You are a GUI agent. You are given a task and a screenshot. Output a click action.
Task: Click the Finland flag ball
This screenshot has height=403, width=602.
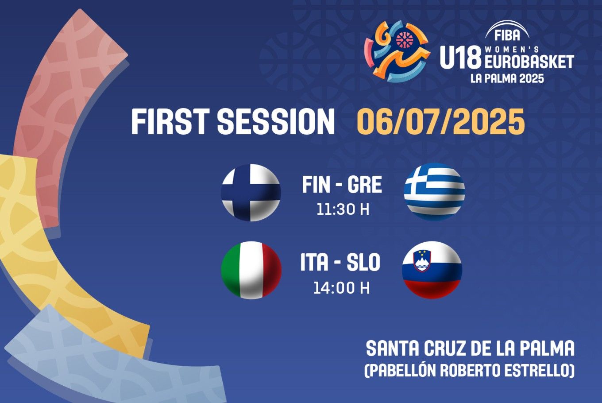pyautogui.click(x=251, y=193)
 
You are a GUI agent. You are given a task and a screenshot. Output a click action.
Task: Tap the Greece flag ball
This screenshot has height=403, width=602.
pyautogui.click(x=434, y=192)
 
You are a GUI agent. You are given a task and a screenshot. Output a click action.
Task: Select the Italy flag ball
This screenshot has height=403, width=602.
pyautogui.click(x=251, y=270)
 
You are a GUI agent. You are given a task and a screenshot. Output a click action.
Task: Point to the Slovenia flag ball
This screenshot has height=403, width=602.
pyautogui.click(x=432, y=270)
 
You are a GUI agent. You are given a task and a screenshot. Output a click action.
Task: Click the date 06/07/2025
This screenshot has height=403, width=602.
pyautogui.click(x=441, y=122)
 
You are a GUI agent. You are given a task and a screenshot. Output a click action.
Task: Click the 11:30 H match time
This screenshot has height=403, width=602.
pyautogui.click(x=343, y=209)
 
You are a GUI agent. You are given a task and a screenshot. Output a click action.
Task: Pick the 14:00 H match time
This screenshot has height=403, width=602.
pyautogui.click(x=342, y=287)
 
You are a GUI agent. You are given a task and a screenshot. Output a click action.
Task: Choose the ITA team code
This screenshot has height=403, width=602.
pyautogui.click(x=314, y=262)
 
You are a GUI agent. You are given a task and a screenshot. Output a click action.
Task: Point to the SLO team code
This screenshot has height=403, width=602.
pyautogui.click(x=363, y=262)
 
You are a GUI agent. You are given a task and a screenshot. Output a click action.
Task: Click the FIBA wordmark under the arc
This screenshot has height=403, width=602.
pyautogui.click(x=507, y=35)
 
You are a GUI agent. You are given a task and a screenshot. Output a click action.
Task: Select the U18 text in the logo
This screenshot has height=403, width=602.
pyautogui.click(x=460, y=57)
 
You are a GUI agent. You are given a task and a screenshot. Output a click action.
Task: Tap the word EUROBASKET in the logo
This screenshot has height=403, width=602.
pyautogui.click(x=529, y=62)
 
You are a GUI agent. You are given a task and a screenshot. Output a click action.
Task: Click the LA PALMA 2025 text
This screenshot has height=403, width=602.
pyautogui.click(x=507, y=78)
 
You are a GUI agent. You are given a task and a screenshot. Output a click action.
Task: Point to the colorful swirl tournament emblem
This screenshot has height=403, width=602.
pyautogui.click(x=397, y=51)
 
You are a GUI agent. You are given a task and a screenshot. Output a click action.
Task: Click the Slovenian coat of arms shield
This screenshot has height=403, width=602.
pyautogui.click(x=423, y=261)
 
